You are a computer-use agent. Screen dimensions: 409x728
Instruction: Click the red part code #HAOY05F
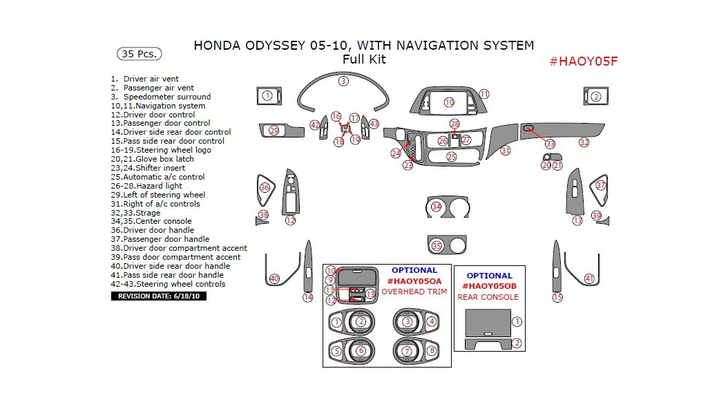pos(582,61)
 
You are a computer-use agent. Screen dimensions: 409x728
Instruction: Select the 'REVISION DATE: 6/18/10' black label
pos(158,296)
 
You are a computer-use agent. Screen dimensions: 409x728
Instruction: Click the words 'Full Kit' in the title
pos(364,59)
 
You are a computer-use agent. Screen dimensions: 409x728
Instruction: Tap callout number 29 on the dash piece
pos(274,131)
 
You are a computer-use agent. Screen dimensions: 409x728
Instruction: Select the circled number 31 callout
pos(506,151)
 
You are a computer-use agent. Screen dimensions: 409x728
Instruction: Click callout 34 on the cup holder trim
pos(436,207)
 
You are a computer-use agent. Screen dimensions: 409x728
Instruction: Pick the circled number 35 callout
pos(436,245)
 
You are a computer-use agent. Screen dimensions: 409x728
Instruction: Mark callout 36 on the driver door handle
pos(265,187)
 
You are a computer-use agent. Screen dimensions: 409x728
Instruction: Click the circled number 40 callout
pos(274,278)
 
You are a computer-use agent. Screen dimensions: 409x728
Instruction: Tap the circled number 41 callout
pos(589,278)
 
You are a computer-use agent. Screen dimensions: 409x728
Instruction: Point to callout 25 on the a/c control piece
pos(451,157)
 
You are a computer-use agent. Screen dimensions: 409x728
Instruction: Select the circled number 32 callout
pos(584,142)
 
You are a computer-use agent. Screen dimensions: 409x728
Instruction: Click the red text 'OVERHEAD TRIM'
pos(414,292)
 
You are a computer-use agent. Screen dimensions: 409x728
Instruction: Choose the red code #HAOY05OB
pos(488,286)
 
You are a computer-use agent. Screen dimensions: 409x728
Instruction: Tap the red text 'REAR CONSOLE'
pos(488,297)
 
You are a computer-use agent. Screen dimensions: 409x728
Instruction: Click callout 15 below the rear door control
pos(557,297)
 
